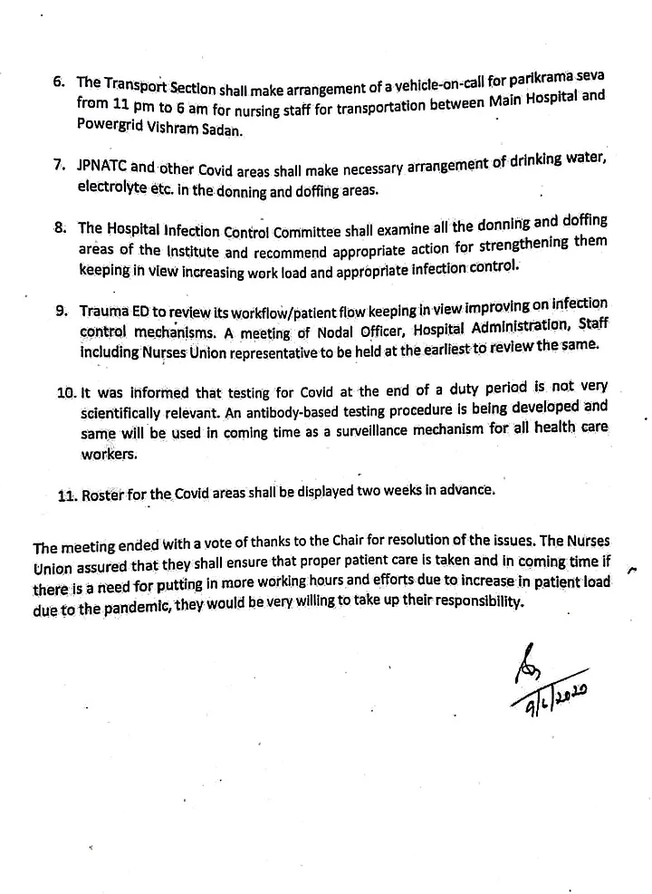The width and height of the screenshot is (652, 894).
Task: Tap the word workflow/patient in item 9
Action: pos(289,309)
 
